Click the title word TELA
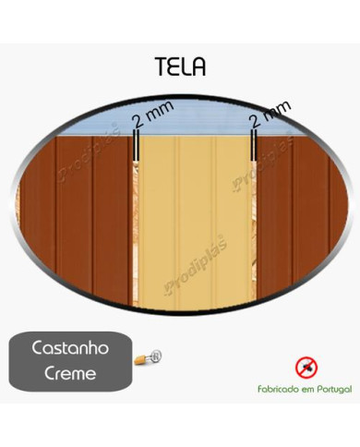pyautogui.click(x=180, y=66)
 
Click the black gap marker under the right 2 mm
pyautogui.click(x=252, y=146)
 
